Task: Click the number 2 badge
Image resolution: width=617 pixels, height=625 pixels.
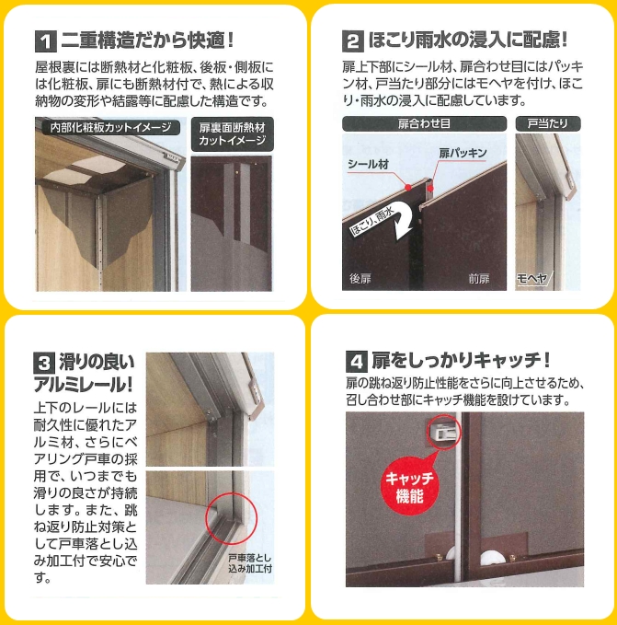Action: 353,41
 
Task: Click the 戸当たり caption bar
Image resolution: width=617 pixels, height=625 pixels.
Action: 546,123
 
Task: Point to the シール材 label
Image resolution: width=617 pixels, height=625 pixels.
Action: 368,164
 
